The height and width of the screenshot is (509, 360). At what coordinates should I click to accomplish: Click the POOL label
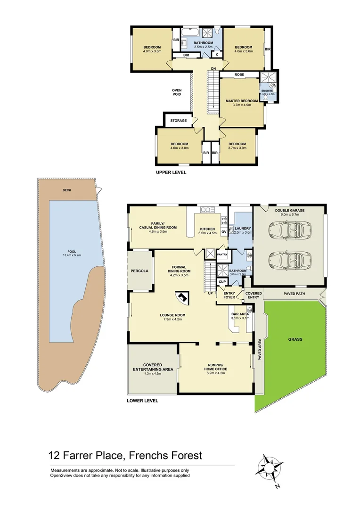click(x=72, y=253)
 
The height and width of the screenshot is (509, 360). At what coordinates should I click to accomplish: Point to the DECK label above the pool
click(x=67, y=190)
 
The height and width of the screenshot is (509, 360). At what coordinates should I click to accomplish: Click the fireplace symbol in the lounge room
click(x=181, y=298)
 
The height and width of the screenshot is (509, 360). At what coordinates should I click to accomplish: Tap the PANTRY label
click(x=222, y=254)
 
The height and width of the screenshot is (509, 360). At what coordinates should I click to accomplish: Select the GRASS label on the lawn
click(x=296, y=339)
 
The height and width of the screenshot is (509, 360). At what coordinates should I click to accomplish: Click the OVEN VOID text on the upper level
click(x=177, y=92)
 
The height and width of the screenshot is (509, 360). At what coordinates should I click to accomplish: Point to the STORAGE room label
click(x=179, y=121)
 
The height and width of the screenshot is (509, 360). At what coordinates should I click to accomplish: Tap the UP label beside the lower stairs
click(x=210, y=293)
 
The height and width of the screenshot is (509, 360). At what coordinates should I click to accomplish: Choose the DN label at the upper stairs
click(x=213, y=69)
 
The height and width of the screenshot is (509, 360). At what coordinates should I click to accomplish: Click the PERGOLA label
click(x=140, y=271)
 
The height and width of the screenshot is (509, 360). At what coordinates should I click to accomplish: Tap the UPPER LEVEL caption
click(x=171, y=172)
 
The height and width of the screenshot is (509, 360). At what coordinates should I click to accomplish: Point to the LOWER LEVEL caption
click(x=142, y=401)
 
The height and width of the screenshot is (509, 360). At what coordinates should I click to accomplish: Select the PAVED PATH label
click(x=295, y=294)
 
